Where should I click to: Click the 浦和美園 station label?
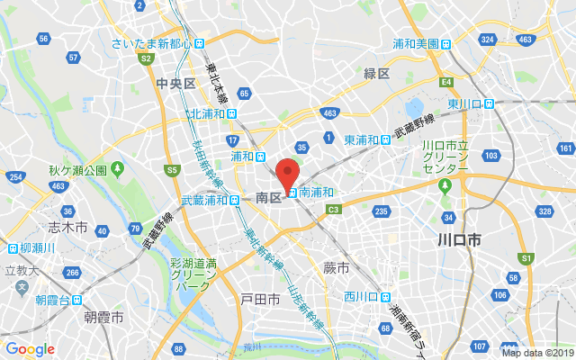tap(415, 43)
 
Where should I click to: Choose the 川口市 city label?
tap(458, 240)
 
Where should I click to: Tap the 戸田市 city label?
tap(260, 299)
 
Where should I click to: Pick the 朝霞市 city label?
tap(104, 318)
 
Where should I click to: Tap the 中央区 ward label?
tap(169, 84)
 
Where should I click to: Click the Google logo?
tap(30, 349)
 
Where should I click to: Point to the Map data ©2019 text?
tap(537, 353)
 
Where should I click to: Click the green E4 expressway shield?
tap(445, 82)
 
